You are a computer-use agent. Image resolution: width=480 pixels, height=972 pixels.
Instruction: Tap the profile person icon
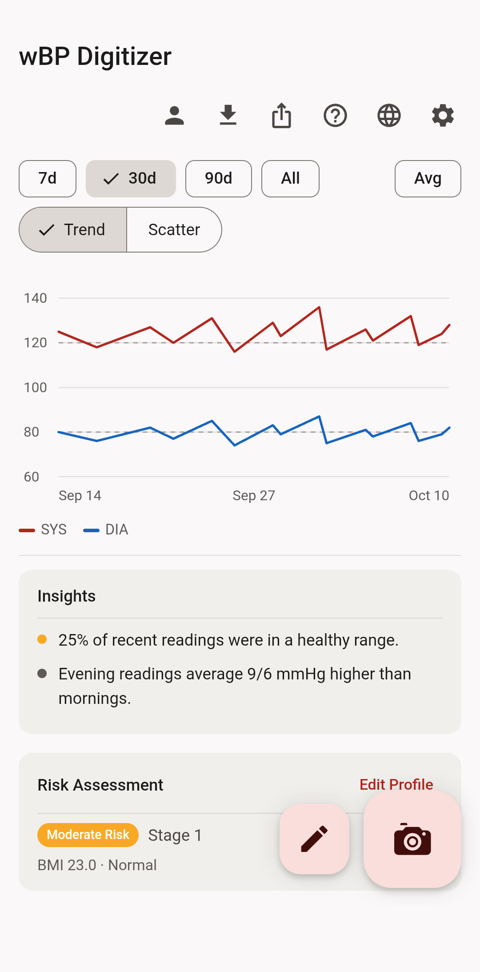click(x=174, y=116)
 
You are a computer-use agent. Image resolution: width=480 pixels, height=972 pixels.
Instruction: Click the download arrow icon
click(x=228, y=115)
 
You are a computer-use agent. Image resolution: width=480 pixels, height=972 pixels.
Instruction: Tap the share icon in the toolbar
click(x=282, y=116)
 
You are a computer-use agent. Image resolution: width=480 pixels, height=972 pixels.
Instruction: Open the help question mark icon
click(x=335, y=116)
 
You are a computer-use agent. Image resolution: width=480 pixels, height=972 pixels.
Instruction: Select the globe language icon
click(x=389, y=116)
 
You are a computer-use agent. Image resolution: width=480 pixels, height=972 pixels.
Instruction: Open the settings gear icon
click(x=443, y=116)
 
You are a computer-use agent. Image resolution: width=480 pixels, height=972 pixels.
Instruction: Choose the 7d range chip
click(x=48, y=179)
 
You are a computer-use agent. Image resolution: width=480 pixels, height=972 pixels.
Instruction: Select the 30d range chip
click(x=131, y=179)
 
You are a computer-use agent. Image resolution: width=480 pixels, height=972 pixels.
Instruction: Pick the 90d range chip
click(x=219, y=179)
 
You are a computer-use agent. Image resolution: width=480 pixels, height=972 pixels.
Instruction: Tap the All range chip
click(x=290, y=179)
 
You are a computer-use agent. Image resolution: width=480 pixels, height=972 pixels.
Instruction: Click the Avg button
click(x=428, y=179)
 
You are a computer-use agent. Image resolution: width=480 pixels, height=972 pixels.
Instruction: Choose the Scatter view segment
click(x=174, y=230)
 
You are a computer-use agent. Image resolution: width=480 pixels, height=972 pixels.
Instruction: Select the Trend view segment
click(x=73, y=230)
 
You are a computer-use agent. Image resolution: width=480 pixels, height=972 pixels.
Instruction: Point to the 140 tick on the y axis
click(x=36, y=298)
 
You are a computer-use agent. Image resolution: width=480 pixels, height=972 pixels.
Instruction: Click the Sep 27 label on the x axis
click(x=254, y=495)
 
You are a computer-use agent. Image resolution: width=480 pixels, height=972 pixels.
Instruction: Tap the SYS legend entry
click(x=43, y=530)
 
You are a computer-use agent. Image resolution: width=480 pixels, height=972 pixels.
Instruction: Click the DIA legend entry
click(x=106, y=530)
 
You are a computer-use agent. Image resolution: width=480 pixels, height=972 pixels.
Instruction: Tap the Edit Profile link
click(x=396, y=784)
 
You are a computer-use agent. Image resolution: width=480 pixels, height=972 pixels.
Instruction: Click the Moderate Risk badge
click(x=88, y=835)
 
